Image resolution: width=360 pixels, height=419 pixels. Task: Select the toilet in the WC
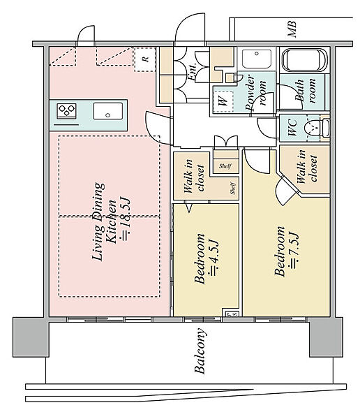click(317, 128)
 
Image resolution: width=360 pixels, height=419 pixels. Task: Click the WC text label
click(292, 127)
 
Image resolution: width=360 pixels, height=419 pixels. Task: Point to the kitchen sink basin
click(108, 111)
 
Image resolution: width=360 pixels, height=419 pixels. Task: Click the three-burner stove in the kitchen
click(66, 111)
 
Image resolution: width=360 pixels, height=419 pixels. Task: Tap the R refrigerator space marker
click(144, 59)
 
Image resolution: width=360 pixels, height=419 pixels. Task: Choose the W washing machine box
click(223, 101)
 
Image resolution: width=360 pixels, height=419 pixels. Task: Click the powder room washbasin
click(257, 59)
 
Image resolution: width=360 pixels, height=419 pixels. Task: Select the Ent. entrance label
click(193, 71)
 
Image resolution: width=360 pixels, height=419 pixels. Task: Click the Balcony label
click(200, 351)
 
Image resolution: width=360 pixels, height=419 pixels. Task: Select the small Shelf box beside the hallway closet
click(225, 166)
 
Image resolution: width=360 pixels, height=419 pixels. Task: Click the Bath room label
click(305, 90)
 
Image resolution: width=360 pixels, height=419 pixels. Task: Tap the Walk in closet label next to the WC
click(307, 166)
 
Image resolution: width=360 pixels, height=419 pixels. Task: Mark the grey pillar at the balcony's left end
click(31, 337)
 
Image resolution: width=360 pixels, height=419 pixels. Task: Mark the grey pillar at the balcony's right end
click(326, 337)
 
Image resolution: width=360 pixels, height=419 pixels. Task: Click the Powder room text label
click(255, 92)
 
